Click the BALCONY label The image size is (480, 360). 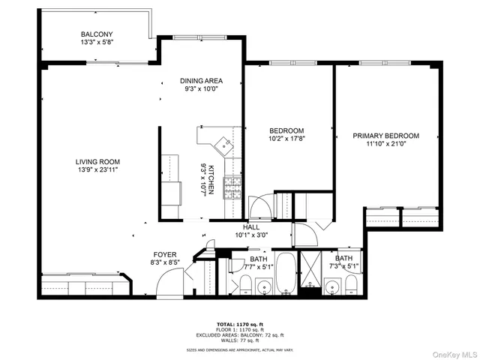[x=97, y=34]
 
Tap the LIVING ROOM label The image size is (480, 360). [x=97, y=161]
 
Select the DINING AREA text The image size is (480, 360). [x=200, y=80]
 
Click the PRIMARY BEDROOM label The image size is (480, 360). [x=385, y=136]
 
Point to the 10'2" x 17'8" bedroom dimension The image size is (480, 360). [x=287, y=138]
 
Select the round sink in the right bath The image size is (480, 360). [x=332, y=285]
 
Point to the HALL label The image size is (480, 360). [x=250, y=226]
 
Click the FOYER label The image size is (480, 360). [x=165, y=254]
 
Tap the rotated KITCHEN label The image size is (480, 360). [x=211, y=180]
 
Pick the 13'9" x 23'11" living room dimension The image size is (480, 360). [x=97, y=170]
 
